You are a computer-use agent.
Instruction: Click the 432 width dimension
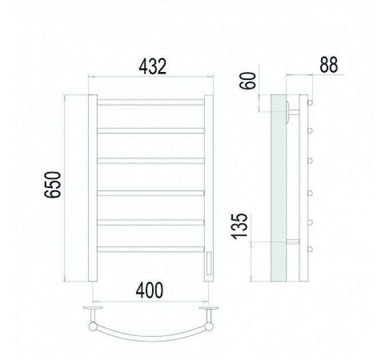pyautogui.click(x=152, y=67)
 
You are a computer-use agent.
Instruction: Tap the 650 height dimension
pyautogui.click(x=53, y=185)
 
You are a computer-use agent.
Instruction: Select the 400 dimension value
pyautogui.click(x=150, y=290)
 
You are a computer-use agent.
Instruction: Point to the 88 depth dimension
pyautogui.click(x=329, y=65)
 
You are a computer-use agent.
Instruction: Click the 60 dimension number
pyautogui.click(x=248, y=81)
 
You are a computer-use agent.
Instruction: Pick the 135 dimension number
pyautogui.click(x=239, y=226)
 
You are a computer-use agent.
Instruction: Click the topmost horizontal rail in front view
pyautogui.click(x=151, y=102)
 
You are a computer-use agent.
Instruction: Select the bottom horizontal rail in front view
pyautogui.click(x=151, y=249)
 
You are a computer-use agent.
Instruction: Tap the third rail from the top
pyautogui.click(x=151, y=161)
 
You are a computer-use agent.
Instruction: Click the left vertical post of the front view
pyautogui.click(x=93, y=188)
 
